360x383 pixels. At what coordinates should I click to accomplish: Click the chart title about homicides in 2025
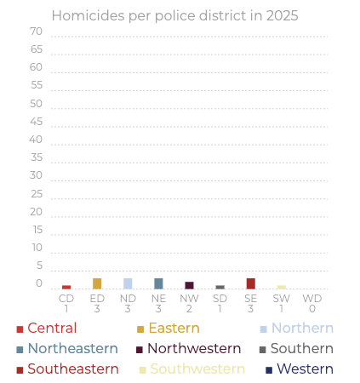click(x=174, y=15)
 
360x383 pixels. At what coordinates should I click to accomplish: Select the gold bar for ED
click(x=97, y=283)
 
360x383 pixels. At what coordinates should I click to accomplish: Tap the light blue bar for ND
click(x=128, y=283)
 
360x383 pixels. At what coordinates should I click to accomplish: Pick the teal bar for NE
click(x=158, y=283)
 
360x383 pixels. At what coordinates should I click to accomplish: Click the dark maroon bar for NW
click(x=189, y=285)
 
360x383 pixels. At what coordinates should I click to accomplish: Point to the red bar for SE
click(x=250, y=283)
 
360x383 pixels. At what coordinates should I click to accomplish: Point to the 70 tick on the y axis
click(x=36, y=31)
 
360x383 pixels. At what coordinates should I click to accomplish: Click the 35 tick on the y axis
click(x=36, y=157)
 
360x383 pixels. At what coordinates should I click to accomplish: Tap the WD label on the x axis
click(x=312, y=299)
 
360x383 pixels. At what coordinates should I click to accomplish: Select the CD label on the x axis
click(x=66, y=299)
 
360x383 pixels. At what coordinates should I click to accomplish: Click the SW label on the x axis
click(x=281, y=299)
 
